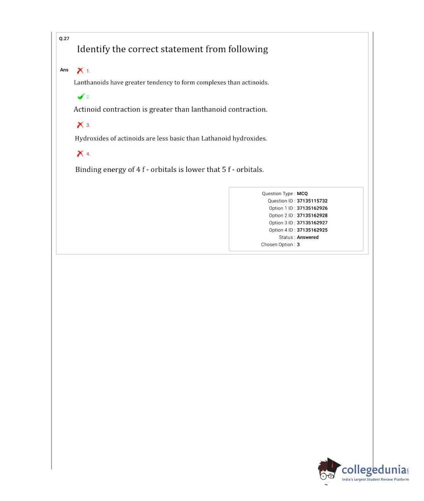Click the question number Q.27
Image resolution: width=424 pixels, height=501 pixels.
[64, 38]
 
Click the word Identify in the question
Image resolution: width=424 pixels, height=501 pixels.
[93, 50]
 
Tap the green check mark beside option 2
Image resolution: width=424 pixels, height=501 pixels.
[81, 97]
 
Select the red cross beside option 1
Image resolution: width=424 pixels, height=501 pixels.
[80, 71]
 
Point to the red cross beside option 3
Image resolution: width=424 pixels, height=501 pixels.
[80, 125]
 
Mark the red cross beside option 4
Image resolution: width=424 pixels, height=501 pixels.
[80, 154]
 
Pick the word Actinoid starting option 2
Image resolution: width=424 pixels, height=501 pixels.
[87, 110]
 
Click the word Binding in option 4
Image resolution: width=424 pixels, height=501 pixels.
[88, 169]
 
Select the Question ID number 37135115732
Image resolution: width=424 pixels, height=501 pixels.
[312, 201]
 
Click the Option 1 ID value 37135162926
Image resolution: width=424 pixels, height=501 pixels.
[312, 208]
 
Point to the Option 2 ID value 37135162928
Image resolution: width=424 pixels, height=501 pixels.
[312, 215]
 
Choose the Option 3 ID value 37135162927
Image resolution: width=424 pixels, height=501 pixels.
[312, 223]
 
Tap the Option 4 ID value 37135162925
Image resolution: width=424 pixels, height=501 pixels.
[312, 230]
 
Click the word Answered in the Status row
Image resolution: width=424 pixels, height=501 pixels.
[307, 237]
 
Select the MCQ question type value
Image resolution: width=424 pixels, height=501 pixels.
[302, 193]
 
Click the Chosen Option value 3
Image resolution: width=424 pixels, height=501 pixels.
[298, 245]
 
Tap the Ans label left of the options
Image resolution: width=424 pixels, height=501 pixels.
[64, 70]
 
